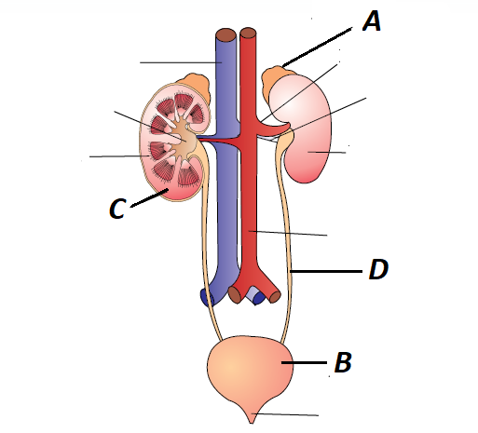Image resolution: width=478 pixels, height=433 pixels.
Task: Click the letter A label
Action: pos(372,21)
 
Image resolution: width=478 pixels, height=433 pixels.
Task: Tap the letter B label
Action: pos(343,362)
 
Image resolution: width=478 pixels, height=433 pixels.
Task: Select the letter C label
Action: pos(117,209)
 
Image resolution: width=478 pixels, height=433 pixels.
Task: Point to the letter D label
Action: pos(378,269)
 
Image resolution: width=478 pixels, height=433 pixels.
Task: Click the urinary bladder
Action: pos(251,373)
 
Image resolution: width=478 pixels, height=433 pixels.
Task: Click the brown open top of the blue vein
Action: pos(226,34)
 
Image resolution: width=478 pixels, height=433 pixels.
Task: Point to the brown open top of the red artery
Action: pos(248,33)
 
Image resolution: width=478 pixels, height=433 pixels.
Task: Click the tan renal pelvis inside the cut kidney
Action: pos(184,140)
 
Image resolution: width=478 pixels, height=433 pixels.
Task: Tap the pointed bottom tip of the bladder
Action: pos(252,423)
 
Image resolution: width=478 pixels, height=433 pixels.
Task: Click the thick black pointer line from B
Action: pos(304,362)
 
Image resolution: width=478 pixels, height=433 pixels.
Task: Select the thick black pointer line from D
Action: pos(326,271)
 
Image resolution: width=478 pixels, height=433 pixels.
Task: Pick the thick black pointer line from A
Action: pos(317,47)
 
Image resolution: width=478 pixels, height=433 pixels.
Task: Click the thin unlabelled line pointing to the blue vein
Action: pos(181,62)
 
